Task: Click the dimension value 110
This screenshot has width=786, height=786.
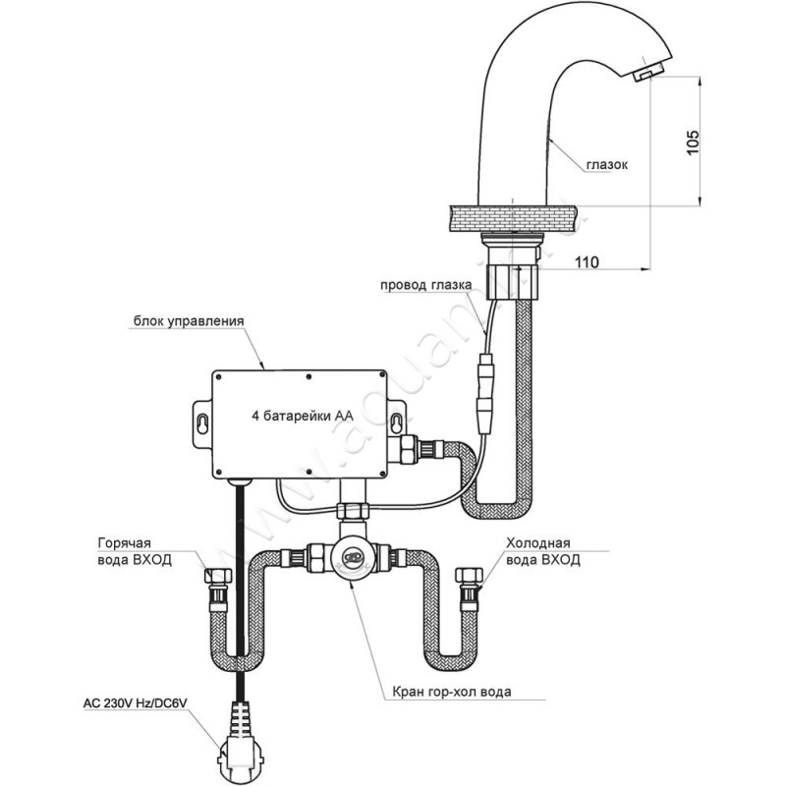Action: click(x=589, y=261)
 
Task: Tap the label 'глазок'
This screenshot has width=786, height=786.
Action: click(x=607, y=166)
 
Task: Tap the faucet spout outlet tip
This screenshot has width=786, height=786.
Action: click(x=647, y=75)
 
